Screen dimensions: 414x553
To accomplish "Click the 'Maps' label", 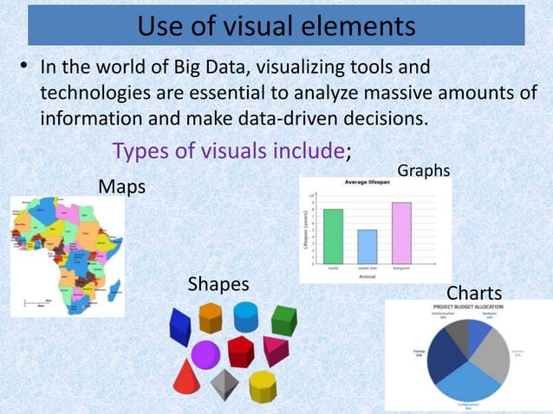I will [x=121, y=186].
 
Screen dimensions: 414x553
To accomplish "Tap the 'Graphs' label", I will [x=423, y=171].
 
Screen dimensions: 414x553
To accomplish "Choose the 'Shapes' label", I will [x=218, y=284].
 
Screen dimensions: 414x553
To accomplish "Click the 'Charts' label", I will [x=473, y=293].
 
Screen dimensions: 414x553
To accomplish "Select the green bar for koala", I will [x=333, y=235].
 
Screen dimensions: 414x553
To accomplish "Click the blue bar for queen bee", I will [x=367, y=245].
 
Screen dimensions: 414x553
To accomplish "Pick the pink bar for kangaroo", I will [x=401, y=232].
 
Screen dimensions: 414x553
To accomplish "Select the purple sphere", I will [x=205, y=353].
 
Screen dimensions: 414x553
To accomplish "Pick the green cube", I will [x=283, y=320].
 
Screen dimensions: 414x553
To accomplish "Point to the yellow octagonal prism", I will [x=263, y=385].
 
